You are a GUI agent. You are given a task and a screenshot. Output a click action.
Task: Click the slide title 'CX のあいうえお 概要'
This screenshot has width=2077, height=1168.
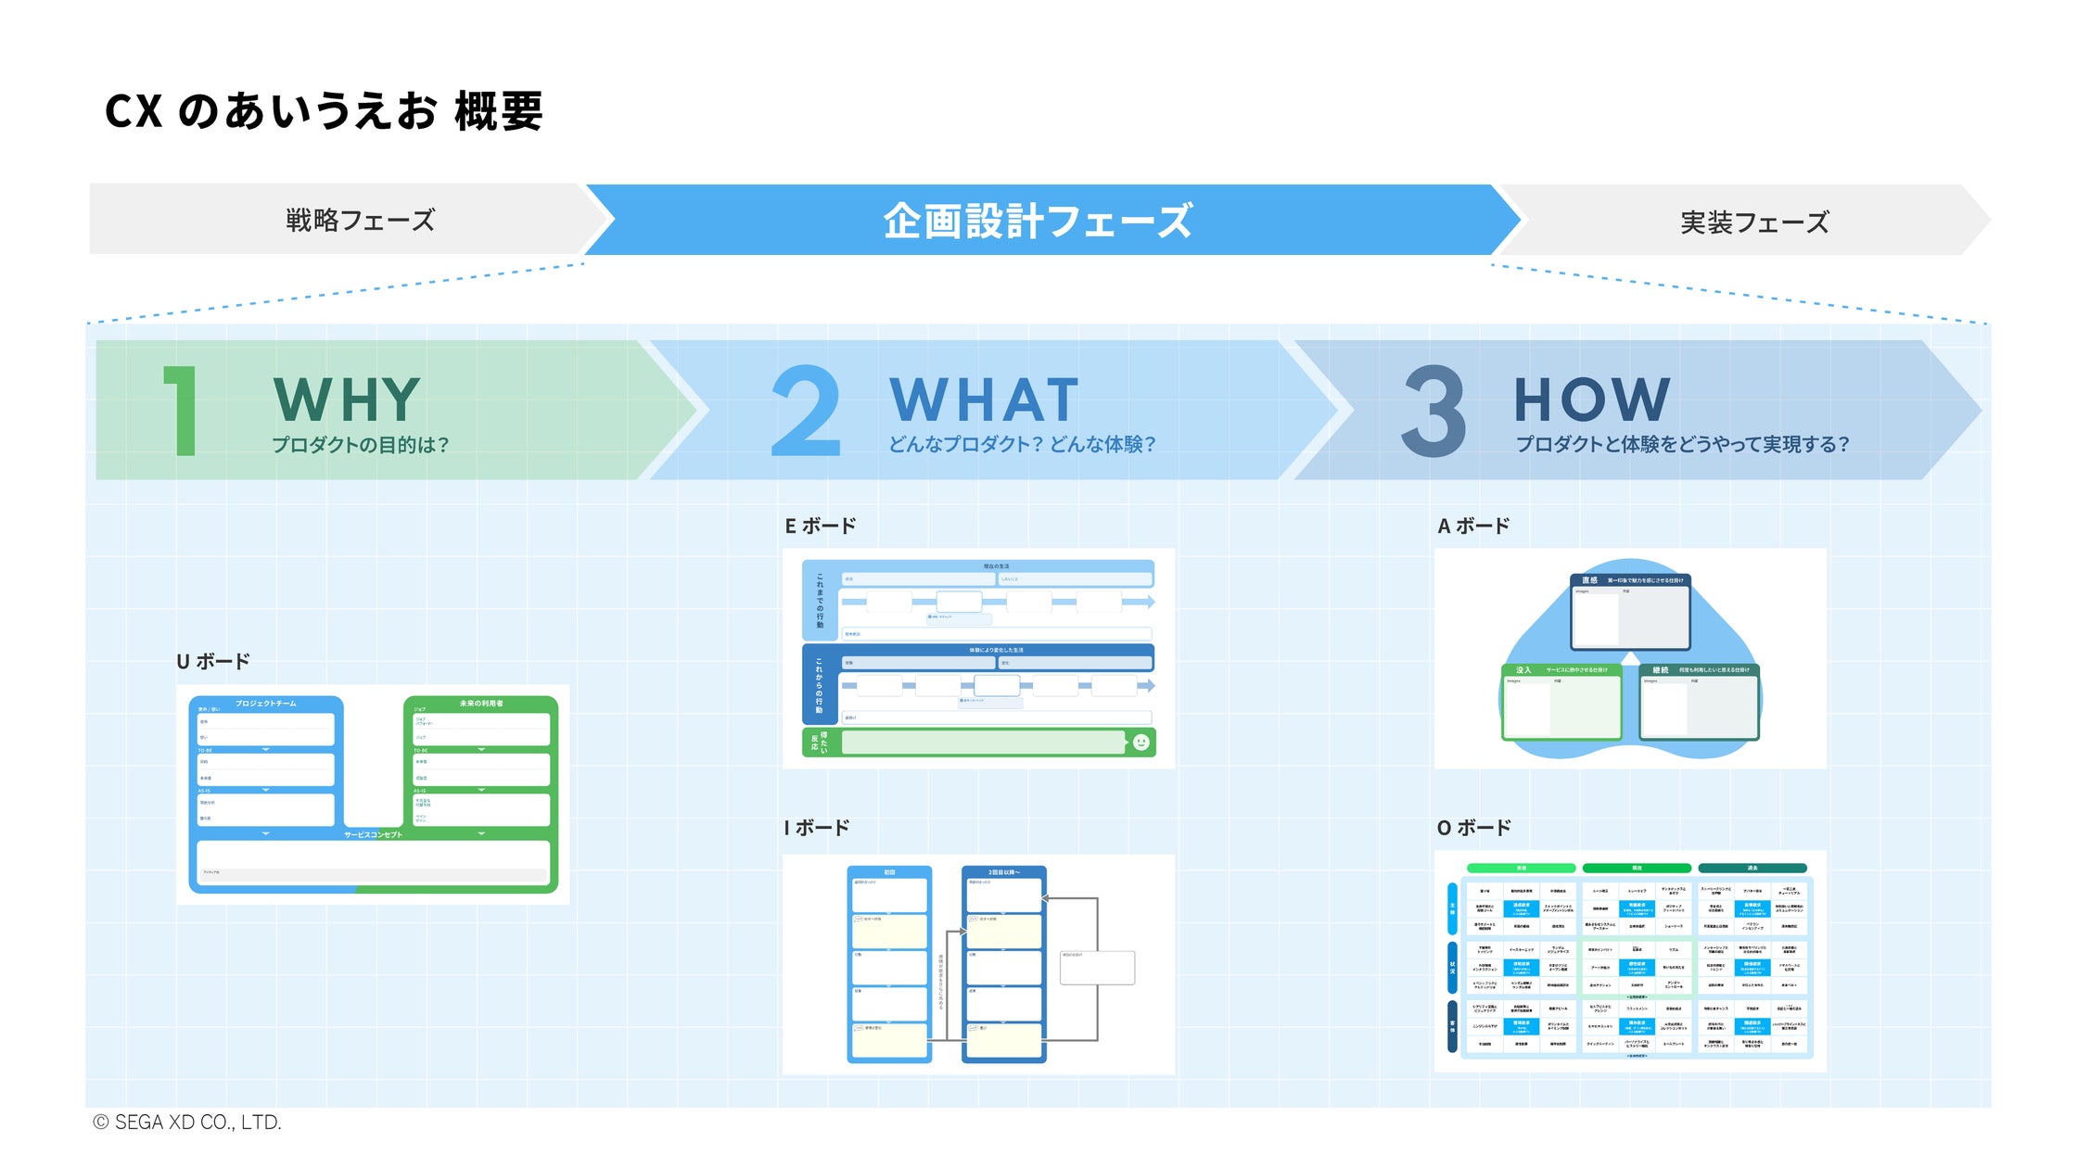pos(324,111)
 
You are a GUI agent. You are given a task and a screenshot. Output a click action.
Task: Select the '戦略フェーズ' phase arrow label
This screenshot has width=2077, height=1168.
pos(360,221)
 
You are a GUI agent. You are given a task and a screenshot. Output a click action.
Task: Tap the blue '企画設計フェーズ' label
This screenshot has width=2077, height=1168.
pos(1037,222)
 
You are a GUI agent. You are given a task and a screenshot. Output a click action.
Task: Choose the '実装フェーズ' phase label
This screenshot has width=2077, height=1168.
pos(1754,222)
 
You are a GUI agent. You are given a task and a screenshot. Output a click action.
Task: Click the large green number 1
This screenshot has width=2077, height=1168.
pos(183,411)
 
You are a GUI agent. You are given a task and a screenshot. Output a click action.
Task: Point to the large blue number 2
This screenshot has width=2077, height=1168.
pos(806,411)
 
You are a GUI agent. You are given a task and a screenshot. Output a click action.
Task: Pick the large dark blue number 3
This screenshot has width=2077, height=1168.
pos(1434,411)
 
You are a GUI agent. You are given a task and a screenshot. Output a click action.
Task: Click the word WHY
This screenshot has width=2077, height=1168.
pos(348,400)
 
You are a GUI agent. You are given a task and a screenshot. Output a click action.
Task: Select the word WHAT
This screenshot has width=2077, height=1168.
pos(984,400)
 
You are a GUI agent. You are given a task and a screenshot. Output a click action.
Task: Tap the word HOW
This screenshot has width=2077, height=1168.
pos(1592,400)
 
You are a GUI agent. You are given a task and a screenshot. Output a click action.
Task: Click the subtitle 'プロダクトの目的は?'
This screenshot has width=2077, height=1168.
pos(360,445)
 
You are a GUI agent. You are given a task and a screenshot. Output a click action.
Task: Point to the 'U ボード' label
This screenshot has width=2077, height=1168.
pos(213,662)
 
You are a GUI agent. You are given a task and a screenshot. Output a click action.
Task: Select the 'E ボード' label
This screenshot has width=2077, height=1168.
pos(821,527)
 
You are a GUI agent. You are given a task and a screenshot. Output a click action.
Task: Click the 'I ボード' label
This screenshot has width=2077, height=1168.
pos(817,828)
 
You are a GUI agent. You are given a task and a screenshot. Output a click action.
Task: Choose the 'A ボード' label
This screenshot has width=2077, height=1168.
pos(1473,527)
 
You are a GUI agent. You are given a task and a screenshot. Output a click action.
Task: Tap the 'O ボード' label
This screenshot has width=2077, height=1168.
pos(1474,828)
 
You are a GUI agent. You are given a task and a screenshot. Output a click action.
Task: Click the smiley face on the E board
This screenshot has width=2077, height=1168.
pos(1141,743)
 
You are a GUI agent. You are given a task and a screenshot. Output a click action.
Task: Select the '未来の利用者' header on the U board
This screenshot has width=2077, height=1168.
pos(480,704)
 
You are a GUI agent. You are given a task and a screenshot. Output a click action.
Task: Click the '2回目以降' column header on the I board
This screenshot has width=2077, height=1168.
pos(1003,872)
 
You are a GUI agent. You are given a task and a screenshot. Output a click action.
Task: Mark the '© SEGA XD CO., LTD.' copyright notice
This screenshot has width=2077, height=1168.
pos(187,1123)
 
